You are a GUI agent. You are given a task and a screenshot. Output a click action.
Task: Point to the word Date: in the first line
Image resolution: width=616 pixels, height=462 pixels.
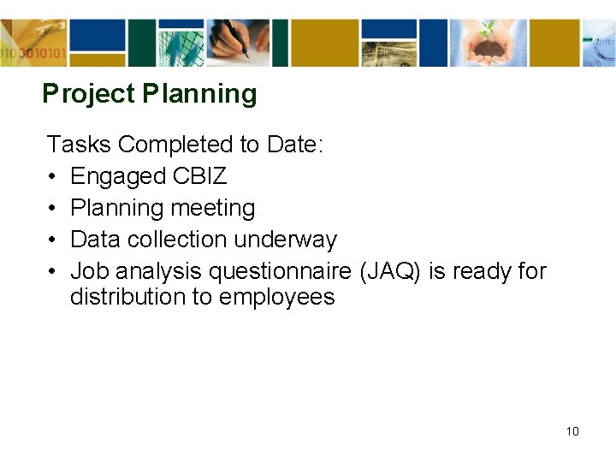pos(295,145)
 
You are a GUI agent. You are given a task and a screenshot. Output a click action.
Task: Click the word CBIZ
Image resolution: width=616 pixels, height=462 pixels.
pos(199,176)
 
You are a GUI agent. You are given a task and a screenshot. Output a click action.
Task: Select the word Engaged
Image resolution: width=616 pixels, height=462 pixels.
pos(118,176)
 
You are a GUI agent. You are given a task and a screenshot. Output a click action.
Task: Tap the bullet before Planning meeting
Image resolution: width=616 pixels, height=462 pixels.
pos(52,209)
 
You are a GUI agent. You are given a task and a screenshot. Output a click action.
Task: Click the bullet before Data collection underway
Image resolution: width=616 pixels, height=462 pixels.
pos(52,240)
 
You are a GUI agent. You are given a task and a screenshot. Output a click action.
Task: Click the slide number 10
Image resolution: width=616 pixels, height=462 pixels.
pos(572,431)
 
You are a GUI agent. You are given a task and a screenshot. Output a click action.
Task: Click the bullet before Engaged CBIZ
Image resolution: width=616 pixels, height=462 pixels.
pos(52,177)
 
